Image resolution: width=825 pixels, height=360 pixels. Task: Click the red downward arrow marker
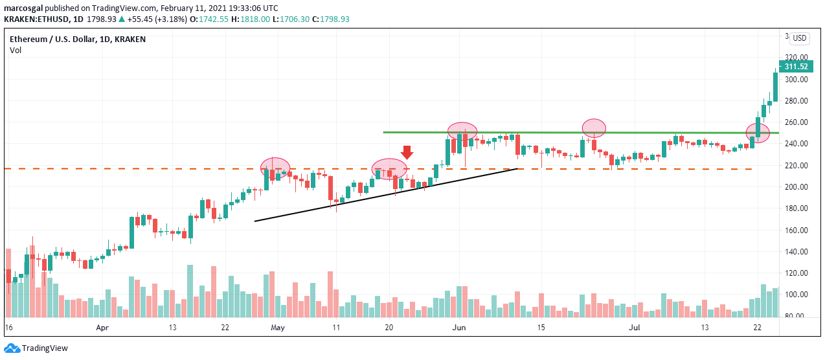coord(407,152)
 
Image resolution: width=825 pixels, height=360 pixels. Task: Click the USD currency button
coord(800,38)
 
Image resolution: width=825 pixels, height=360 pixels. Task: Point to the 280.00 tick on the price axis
coord(795,101)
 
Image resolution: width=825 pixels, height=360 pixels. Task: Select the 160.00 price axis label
coord(795,230)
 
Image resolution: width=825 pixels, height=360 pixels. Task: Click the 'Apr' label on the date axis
coord(102,328)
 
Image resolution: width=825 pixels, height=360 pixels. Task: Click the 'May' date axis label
coord(277,328)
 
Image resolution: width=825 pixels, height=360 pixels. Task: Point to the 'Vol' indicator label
coord(15,50)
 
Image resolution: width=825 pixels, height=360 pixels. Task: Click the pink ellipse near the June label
coord(462,130)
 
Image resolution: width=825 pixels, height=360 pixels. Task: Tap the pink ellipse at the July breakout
coord(758,133)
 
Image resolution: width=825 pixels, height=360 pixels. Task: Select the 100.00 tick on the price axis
coord(795,295)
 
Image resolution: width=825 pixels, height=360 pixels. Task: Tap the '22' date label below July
coord(757,328)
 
